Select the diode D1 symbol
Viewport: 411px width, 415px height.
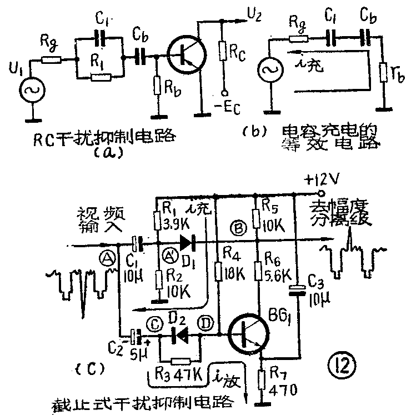tap(186, 243)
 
